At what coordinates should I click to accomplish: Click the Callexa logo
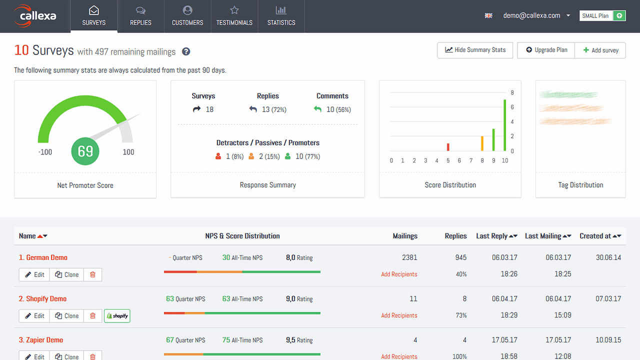coord(35,15)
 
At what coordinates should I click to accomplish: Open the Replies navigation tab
coord(140,16)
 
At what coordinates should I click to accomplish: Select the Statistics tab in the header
coord(281,16)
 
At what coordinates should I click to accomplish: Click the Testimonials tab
coord(234,16)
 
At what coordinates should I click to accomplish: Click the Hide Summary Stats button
coord(475,50)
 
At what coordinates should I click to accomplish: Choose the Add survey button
coord(600,50)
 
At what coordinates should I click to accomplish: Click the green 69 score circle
coord(85,151)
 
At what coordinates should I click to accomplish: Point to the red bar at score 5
coord(448,147)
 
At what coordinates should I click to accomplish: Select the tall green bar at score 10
coord(505,125)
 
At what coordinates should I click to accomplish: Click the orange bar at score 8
coord(482,143)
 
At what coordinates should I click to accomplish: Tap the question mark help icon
coord(186,51)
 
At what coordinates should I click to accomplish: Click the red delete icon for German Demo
coord(92,274)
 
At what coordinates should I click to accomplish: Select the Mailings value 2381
coord(409,257)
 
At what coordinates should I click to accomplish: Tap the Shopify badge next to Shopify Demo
coord(117,316)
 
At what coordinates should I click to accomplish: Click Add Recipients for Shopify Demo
coord(399,315)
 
